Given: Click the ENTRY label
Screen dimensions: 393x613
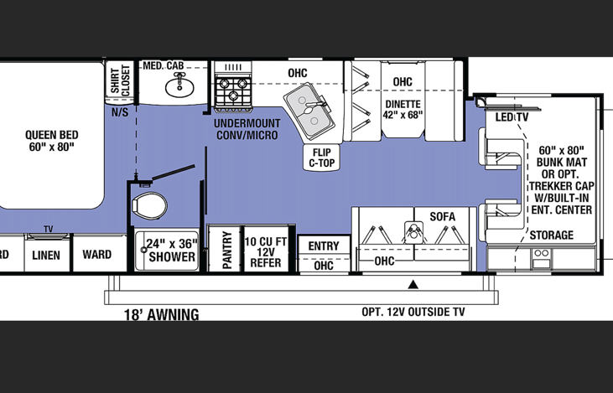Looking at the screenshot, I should click(x=324, y=246).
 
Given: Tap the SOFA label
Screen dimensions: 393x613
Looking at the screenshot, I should click(x=442, y=216).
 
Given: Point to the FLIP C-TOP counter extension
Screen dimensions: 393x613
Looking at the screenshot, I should click(x=322, y=158).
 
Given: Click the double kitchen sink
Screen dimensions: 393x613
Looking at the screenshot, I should click(x=307, y=111).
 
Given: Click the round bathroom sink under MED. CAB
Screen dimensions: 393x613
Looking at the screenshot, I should click(x=176, y=85).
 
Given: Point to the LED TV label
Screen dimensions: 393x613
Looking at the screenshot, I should click(x=512, y=116).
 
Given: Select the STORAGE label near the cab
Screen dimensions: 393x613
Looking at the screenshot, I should click(x=551, y=235).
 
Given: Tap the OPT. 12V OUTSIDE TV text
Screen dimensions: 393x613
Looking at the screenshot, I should click(x=413, y=313).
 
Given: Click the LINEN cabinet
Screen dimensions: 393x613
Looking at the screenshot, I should click(x=47, y=255).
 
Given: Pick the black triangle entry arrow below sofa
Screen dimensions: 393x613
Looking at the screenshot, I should click(x=413, y=284).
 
